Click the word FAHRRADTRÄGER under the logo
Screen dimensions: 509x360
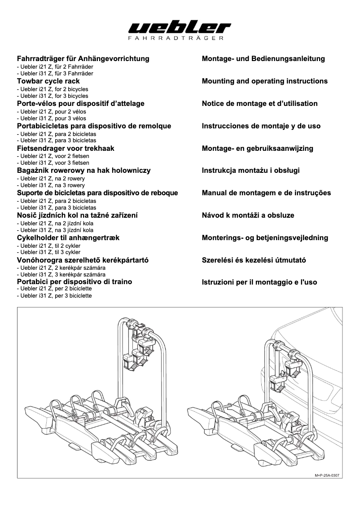click(180, 39)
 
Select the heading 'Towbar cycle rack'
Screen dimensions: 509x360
click(48, 81)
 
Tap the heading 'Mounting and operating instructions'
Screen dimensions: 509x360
click(265, 81)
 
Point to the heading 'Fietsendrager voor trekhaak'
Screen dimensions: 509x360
click(66, 148)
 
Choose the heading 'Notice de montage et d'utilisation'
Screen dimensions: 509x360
click(260, 104)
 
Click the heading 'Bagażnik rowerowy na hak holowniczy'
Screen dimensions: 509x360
click(83, 171)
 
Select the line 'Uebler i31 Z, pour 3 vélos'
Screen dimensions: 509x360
click(51, 118)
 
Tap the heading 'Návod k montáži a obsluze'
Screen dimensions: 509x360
click(248, 215)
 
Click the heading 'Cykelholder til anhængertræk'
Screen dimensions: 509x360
click(68, 237)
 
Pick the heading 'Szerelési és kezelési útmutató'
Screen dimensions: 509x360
click(254, 260)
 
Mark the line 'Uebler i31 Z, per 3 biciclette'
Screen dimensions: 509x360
click(54, 296)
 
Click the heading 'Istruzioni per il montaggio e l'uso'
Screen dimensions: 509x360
click(259, 282)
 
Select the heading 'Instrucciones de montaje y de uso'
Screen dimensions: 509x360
click(261, 126)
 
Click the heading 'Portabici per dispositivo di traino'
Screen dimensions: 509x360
click(74, 282)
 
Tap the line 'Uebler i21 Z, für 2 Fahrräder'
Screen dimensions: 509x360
click(55, 66)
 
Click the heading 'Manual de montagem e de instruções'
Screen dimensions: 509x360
click(267, 193)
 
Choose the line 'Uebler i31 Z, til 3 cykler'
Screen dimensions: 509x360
click(48, 252)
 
